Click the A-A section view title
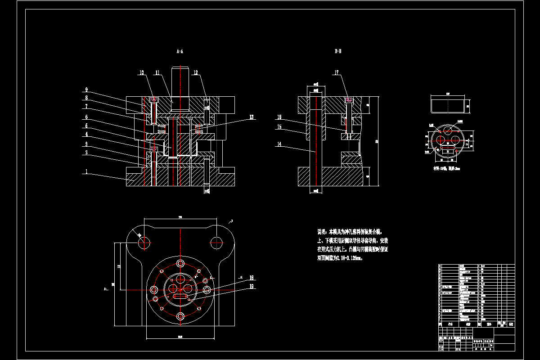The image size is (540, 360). click(x=180, y=52)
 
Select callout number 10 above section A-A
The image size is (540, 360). click(x=141, y=72)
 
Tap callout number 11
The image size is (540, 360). click(x=157, y=72)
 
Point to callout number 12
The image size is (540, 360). click(x=195, y=72)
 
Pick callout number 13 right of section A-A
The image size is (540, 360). click(x=250, y=117)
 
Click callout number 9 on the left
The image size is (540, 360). click(x=86, y=90)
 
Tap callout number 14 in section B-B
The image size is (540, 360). click(x=279, y=144)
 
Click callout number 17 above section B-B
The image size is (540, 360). click(x=336, y=72)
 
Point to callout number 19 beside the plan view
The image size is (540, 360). click(x=252, y=286)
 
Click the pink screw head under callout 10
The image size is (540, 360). click(x=154, y=99)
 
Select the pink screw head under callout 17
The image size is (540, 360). click(x=348, y=99)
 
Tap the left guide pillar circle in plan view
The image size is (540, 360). click(x=144, y=243)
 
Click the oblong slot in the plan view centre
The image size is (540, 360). click(x=180, y=297)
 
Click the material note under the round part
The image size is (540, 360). click(x=447, y=169)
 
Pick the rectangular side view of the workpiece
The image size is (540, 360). click(x=448, y=106)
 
